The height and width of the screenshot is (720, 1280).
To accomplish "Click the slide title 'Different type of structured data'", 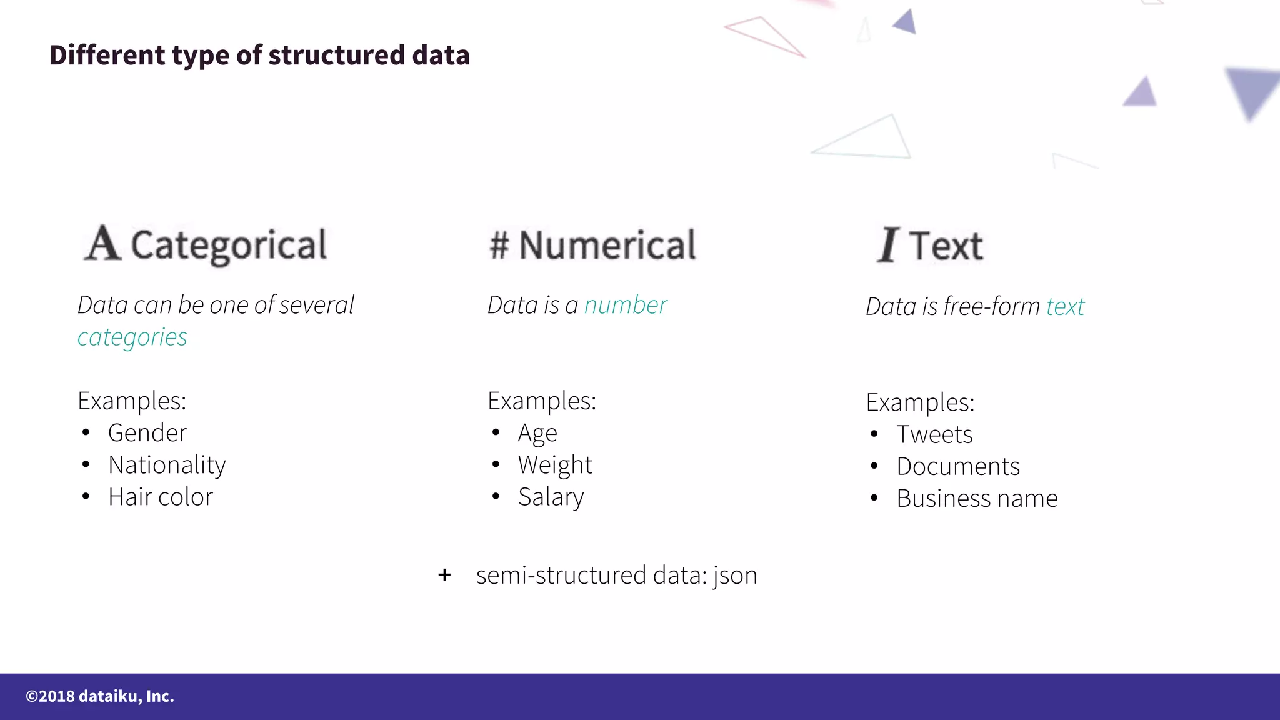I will pyautogui.click(x=259, y=55).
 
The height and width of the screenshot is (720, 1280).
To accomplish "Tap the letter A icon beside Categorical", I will pyautogui.click(x=102, y=243).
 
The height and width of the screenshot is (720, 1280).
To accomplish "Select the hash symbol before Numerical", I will pyautogui.click(x=499, y=244).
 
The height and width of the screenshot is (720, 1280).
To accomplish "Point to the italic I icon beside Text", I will pyautogui.click(x=887, y=245).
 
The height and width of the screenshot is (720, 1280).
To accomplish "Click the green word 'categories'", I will pyautogui.click(x=132, y=337).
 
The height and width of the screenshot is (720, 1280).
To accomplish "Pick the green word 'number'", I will pyautogui.click(x=626, y=306).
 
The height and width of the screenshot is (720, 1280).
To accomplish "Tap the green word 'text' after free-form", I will pyautogui.click(x=1066, y=307).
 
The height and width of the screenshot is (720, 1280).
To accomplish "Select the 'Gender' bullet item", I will pyautogui.click(x=147, y=433).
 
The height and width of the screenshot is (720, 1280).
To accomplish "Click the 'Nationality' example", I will pyautogui.click(x=167, y=465).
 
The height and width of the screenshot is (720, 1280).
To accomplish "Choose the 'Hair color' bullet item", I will pyautogui.click(x=161, y=497).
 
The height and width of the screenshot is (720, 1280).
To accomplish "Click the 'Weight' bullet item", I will pyautogui.click(x=555, y=466).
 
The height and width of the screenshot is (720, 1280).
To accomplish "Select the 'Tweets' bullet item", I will pyautogui.click(x=934, y=435).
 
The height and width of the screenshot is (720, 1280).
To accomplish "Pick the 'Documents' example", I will pyautogui.click(x=958, y=467).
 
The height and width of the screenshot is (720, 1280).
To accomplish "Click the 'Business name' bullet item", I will pyautogui.click(x=977, y=499).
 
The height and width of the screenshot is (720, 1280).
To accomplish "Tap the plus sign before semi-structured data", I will pyautogui.click(x=444, y=575).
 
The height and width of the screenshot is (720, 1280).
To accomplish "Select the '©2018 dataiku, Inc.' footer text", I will pyautogui.click(x=100, y=696).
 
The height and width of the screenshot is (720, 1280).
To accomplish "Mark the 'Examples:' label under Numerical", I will pyautogui.click(x=542, y=401).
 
